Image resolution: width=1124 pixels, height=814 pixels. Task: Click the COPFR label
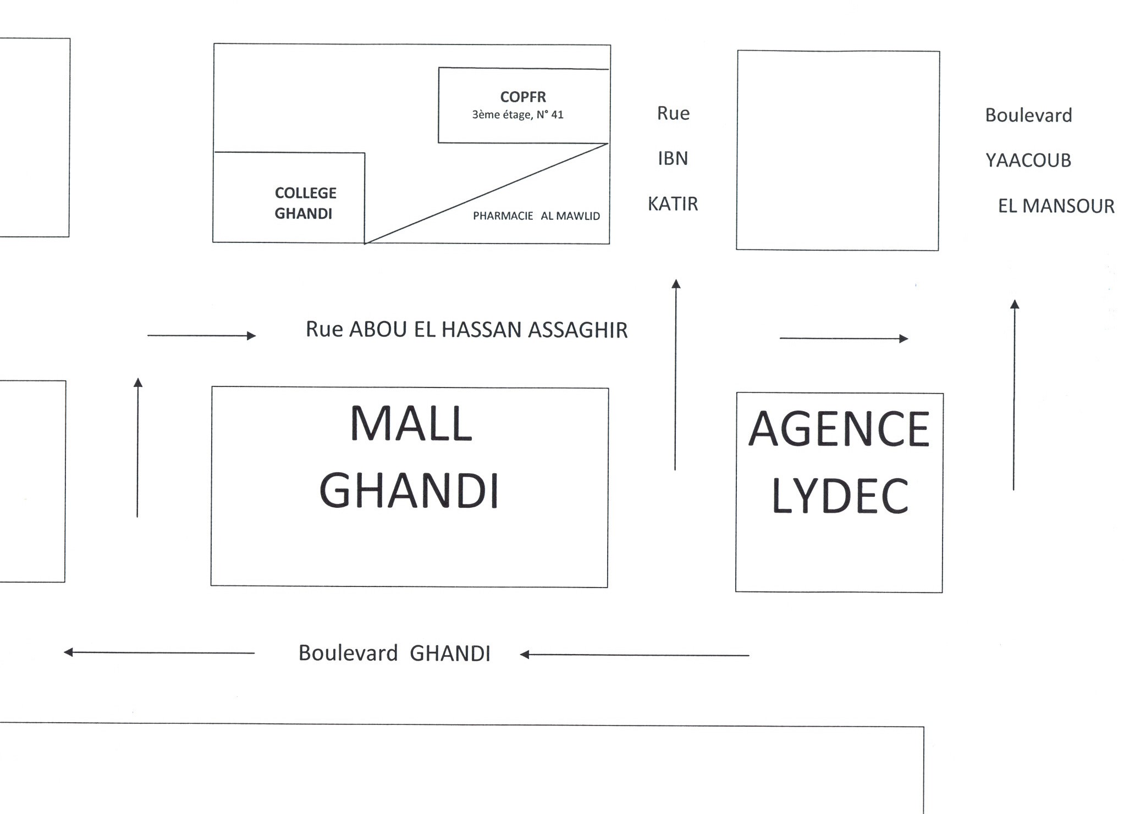pyautogui.click(x=523, y=97)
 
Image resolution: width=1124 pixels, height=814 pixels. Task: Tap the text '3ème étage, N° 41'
pyautogui.click(x=517, y=114)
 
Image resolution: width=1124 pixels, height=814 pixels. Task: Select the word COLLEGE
pyautogui.click(x=306, y=193)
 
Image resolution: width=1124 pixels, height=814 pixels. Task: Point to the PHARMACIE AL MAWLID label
pyautogui.click(x=536, y=216)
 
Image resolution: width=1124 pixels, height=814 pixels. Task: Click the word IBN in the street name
pyautogui.click(x=673, y=158)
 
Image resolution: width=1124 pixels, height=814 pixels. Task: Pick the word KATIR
pyautogui.click(x=673, y=204)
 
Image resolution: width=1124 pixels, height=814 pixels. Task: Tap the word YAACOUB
pyautogui.click(x=1028, y=160)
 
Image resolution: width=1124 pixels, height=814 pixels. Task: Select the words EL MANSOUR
pyautogui.click(x=1056, y=206)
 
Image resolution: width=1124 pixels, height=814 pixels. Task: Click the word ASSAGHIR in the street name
pyautogui.click(x=578, y=330)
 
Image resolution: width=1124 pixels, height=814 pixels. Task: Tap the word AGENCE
pyautogui.click(x=839, y=429)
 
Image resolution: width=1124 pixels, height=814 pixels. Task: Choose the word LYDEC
pyautogui.click(x=840, y=496)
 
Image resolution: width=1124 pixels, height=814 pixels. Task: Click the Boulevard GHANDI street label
pyautogui.click(x=394, y=653)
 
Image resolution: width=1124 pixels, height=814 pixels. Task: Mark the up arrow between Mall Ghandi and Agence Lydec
pyautogui.click(x=676, y=375)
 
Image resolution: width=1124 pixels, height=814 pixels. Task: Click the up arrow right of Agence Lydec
pyautogui.click(x=1015, y=395)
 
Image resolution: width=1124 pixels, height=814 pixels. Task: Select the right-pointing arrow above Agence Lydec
pyautogui.click(x=844, y=339)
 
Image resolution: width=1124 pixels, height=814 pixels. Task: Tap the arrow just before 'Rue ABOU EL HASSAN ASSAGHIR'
pyautogui.click(x=202, y=335)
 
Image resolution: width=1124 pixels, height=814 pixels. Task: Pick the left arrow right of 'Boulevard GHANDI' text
pyautogui.click(x=635, y=655)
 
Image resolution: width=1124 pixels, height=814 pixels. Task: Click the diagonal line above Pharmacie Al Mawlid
pyautogui.click(x=486, y=193)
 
